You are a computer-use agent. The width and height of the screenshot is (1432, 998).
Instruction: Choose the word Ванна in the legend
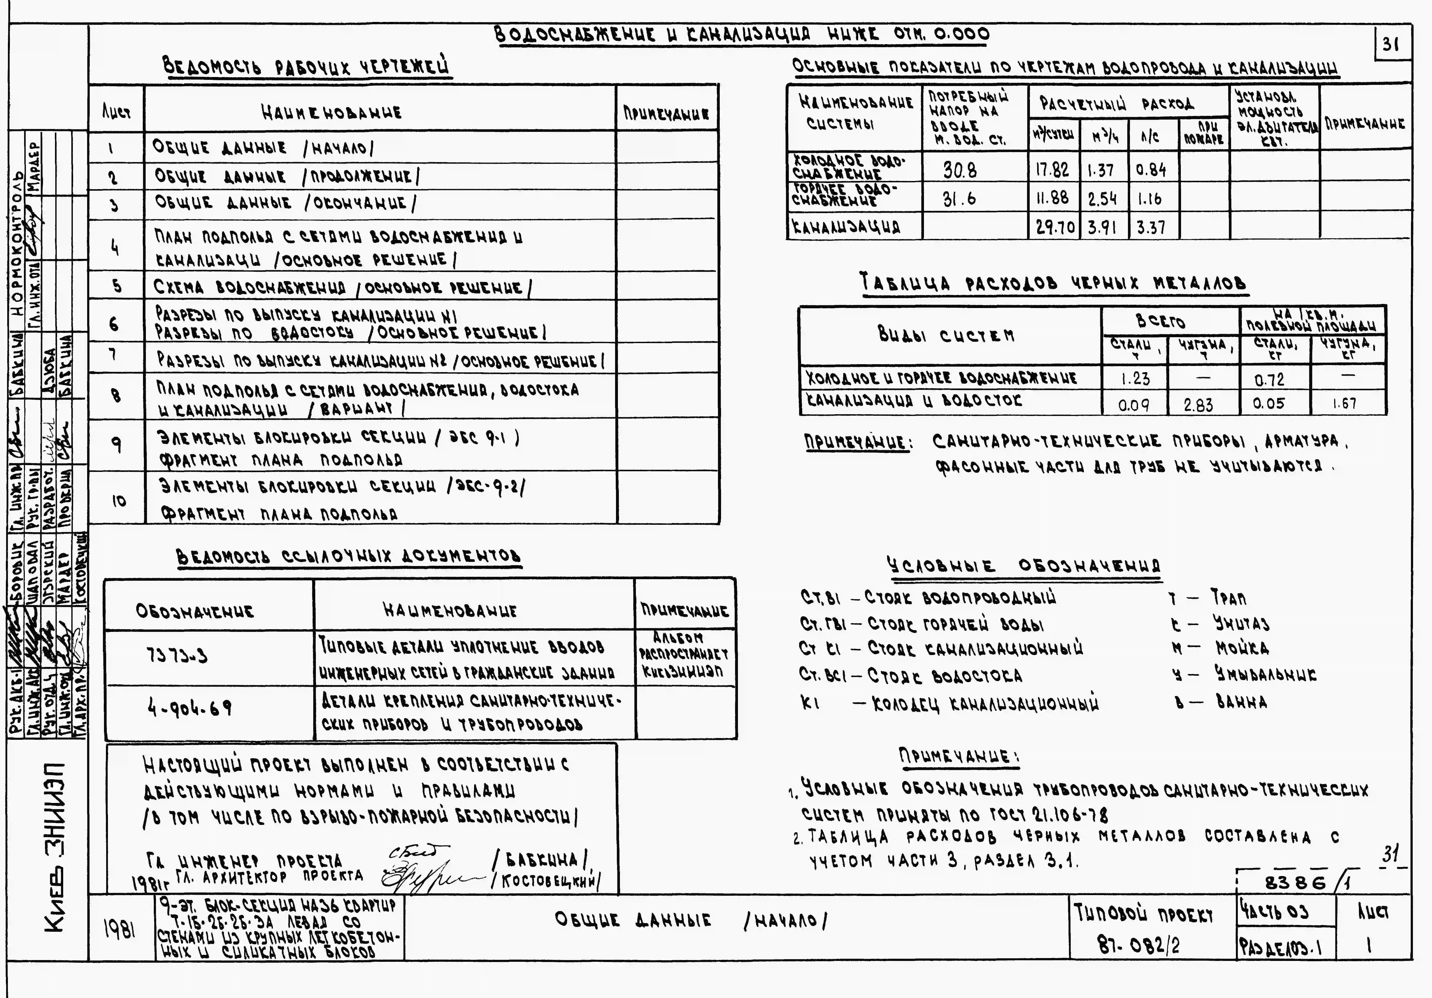coord(1241,702)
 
